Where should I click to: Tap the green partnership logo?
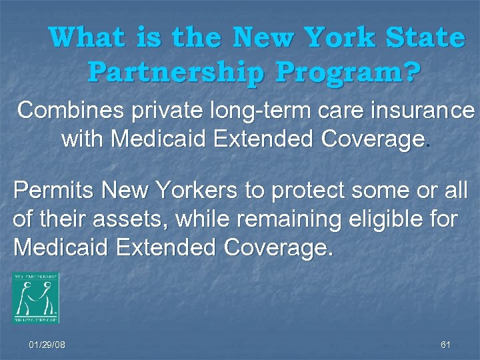[35, 297]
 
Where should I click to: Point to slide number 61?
[446, 345]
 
